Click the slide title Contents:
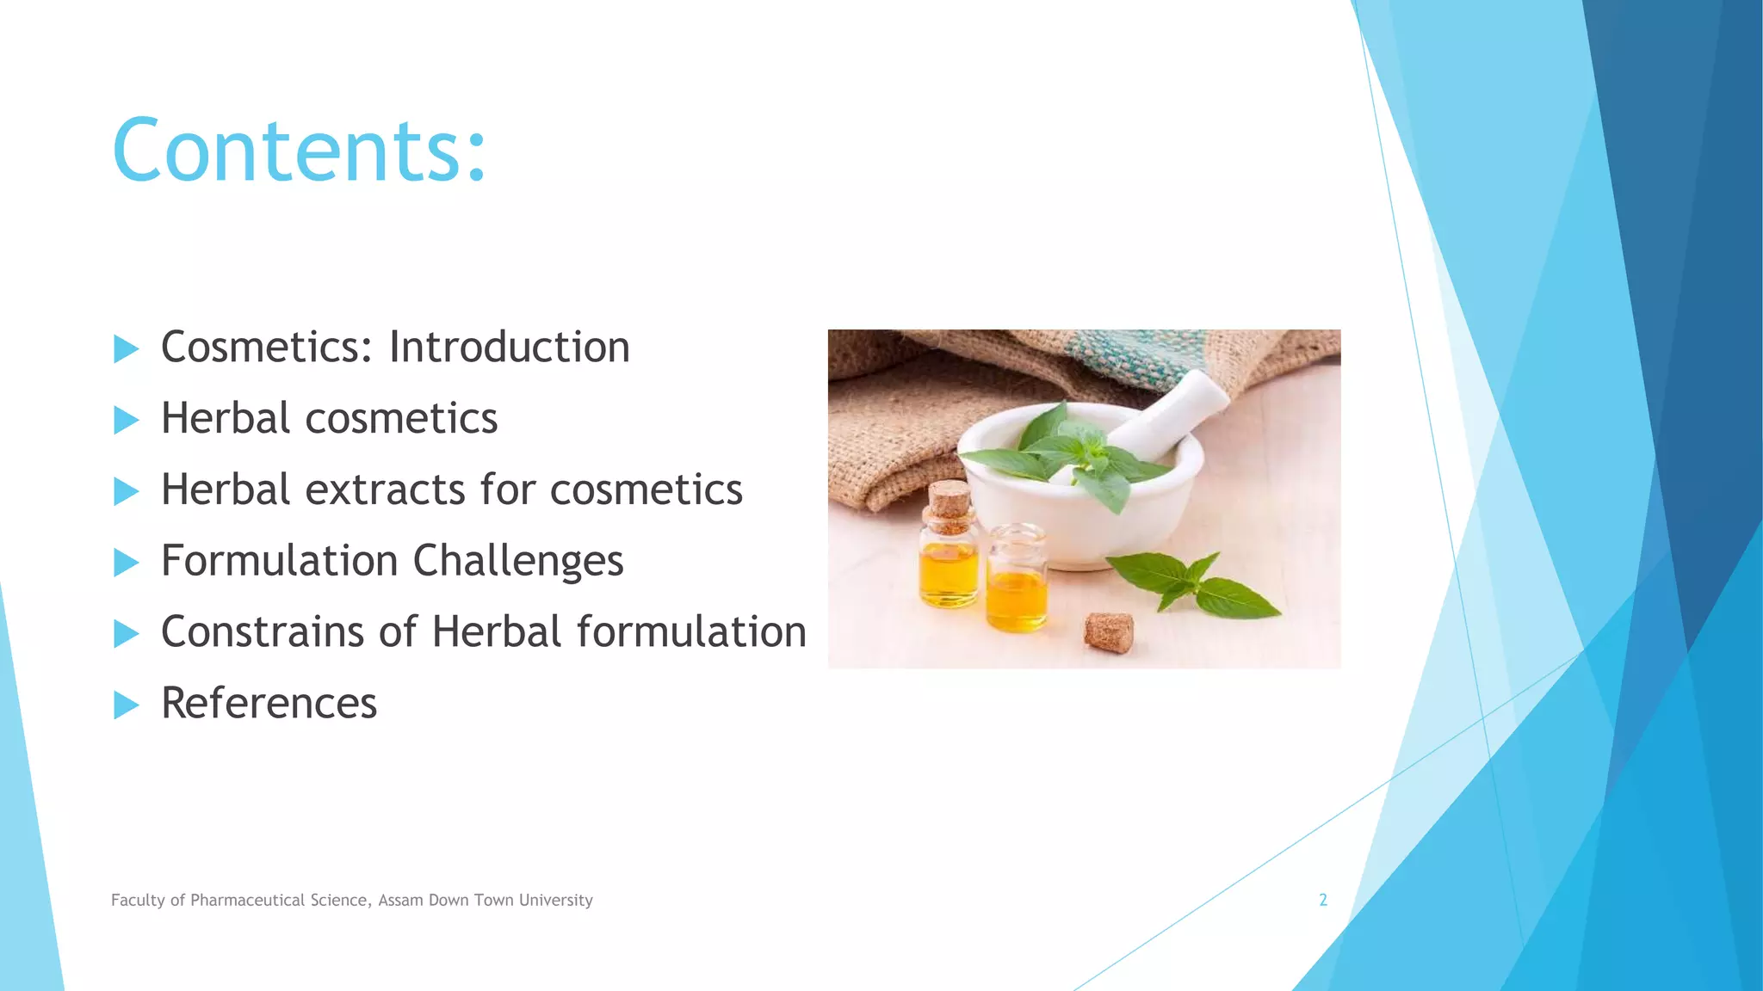point(299,151)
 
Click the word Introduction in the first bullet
point(509,348)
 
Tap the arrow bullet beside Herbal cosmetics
point(126,420)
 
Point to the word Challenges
point(518,562)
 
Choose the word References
point(269,703)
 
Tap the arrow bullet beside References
point(126,705)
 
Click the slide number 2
point(1323,900)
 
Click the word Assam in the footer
point(400,900)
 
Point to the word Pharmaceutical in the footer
point(248,900)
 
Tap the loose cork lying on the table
point(1108,632)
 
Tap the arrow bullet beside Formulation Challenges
point(126,563)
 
